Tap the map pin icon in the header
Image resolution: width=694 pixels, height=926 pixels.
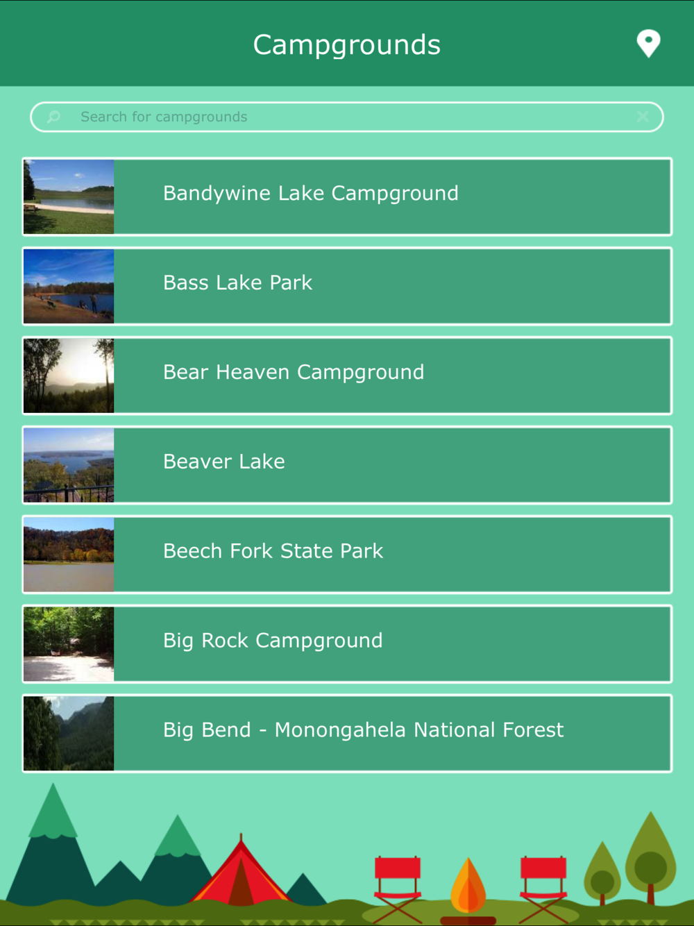648,43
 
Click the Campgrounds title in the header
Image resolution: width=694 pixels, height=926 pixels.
346,44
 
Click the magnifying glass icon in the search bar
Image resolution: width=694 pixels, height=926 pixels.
53,117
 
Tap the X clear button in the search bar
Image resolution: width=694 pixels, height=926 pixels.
643,117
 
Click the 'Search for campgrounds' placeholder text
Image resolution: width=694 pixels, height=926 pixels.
164,117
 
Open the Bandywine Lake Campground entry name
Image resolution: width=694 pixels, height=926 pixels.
310,194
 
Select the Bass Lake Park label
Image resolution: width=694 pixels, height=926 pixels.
237,283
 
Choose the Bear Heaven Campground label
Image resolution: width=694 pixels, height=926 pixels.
294,373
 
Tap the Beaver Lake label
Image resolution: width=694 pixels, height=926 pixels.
224,462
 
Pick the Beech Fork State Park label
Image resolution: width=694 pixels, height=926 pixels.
273,551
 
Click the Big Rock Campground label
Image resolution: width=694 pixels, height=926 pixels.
273,641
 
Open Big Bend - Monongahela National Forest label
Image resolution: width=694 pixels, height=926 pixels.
363,730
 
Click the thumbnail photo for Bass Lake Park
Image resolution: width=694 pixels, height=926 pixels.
69,286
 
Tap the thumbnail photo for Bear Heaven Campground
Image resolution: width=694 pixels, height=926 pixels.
69,376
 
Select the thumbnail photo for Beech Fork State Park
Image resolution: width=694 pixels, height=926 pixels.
69,555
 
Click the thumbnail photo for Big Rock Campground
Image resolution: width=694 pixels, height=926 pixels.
69,643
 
